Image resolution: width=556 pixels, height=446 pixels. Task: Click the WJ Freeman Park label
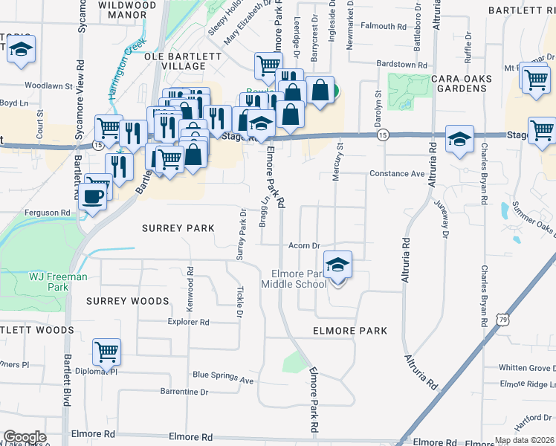58,282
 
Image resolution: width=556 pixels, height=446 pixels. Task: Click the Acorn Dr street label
304,245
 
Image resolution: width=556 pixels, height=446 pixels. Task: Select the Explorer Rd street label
189,323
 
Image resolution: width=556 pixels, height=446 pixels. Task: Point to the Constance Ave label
397,174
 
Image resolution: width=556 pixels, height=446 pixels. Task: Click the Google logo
25,437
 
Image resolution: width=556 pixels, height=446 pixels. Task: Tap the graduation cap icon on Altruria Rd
459,139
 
